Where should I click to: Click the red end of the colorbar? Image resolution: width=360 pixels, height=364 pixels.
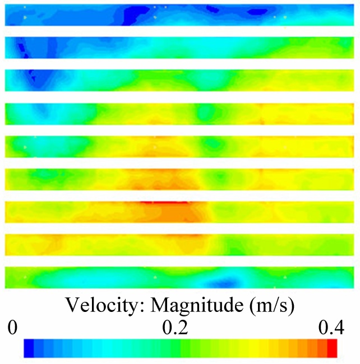coord(331,348)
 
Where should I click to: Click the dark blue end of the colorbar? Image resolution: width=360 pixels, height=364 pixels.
coord(29,348)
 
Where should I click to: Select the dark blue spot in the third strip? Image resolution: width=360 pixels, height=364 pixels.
coord(30,74)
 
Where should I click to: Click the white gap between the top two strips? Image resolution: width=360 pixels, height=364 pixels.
coord(179,31)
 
